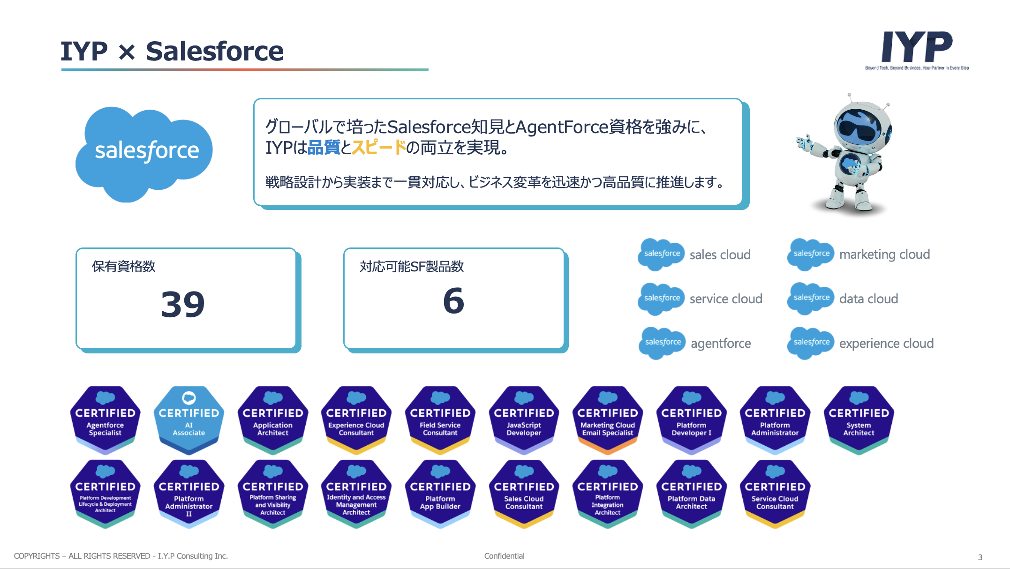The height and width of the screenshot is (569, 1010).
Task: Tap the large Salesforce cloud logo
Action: click(x=145, y=151)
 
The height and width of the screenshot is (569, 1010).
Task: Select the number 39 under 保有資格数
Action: click(x=183, y=305)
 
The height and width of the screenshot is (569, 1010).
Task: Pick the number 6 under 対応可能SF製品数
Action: click(x=453, y=301)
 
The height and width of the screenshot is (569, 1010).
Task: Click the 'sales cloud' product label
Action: click(x=720, y=255)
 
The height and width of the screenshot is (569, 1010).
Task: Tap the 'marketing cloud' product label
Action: click(x=884, y=254)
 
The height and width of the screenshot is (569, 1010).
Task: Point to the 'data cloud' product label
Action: click(x=868, y=299)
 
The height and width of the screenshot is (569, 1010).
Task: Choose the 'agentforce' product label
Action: click(x=721, y=343)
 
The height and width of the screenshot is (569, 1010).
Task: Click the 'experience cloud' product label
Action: click(x=886, y=343)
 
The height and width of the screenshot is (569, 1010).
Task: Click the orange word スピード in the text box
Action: click(x=379, y=148)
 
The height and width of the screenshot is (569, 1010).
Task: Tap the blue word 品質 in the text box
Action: click(x=324, y=148)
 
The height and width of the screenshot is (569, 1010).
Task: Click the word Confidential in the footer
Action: click(x=504, y=556)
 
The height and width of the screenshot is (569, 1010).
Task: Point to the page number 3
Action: click(x=980, y=557)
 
